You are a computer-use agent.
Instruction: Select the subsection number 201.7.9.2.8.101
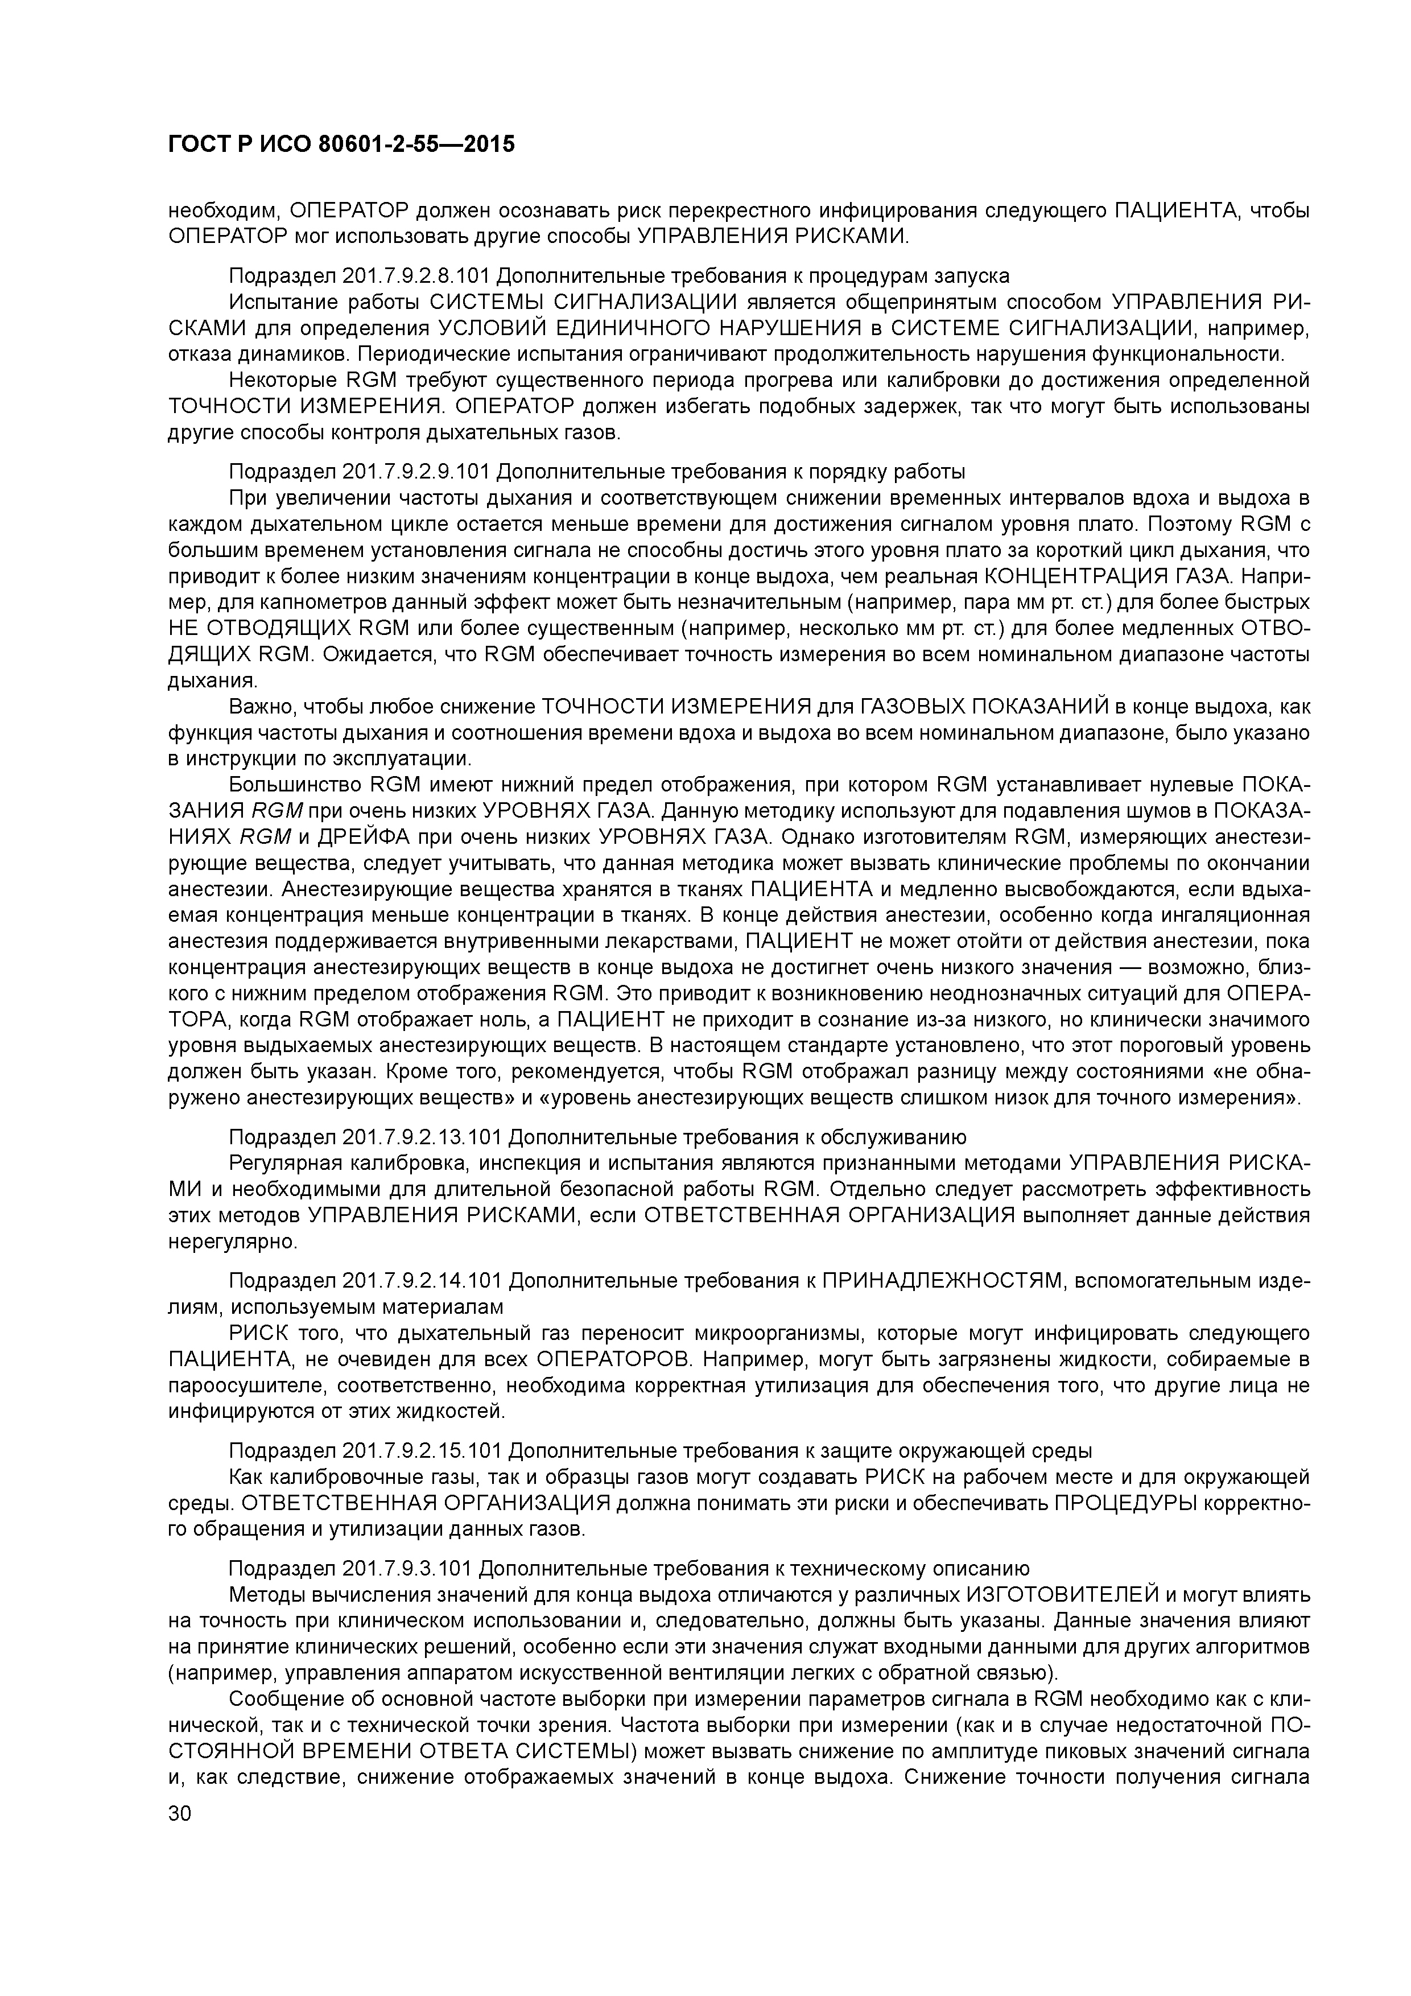pyautogui.click(x=417, y=275)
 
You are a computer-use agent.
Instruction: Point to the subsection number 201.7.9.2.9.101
pyautogui.click(x=417, y=472)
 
